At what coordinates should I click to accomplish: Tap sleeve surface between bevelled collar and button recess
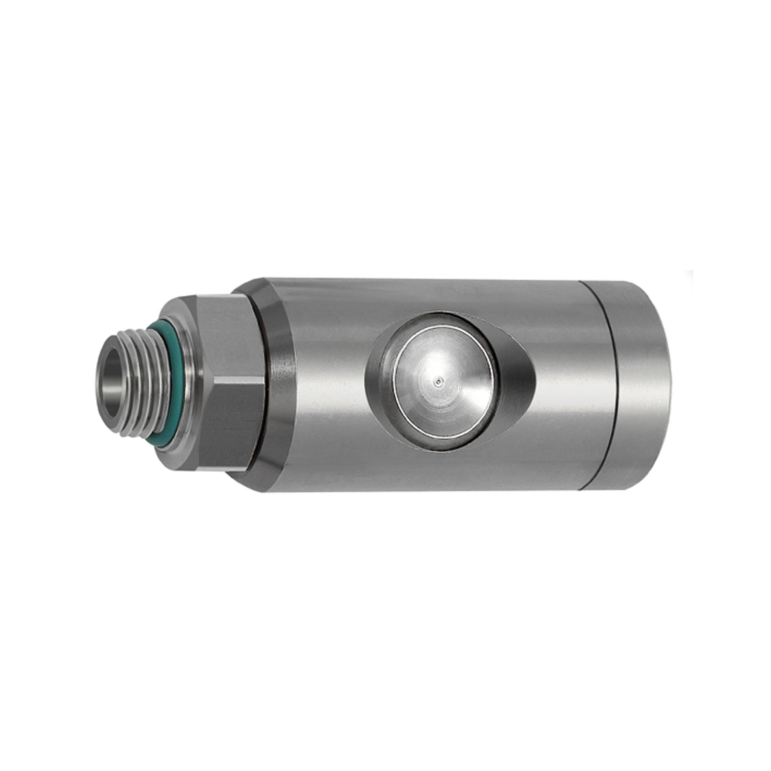(327, 383)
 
